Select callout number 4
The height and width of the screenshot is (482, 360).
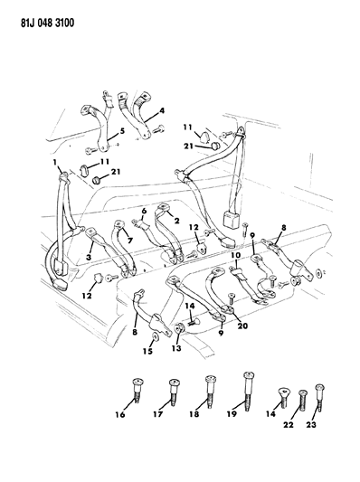point(163,111)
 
